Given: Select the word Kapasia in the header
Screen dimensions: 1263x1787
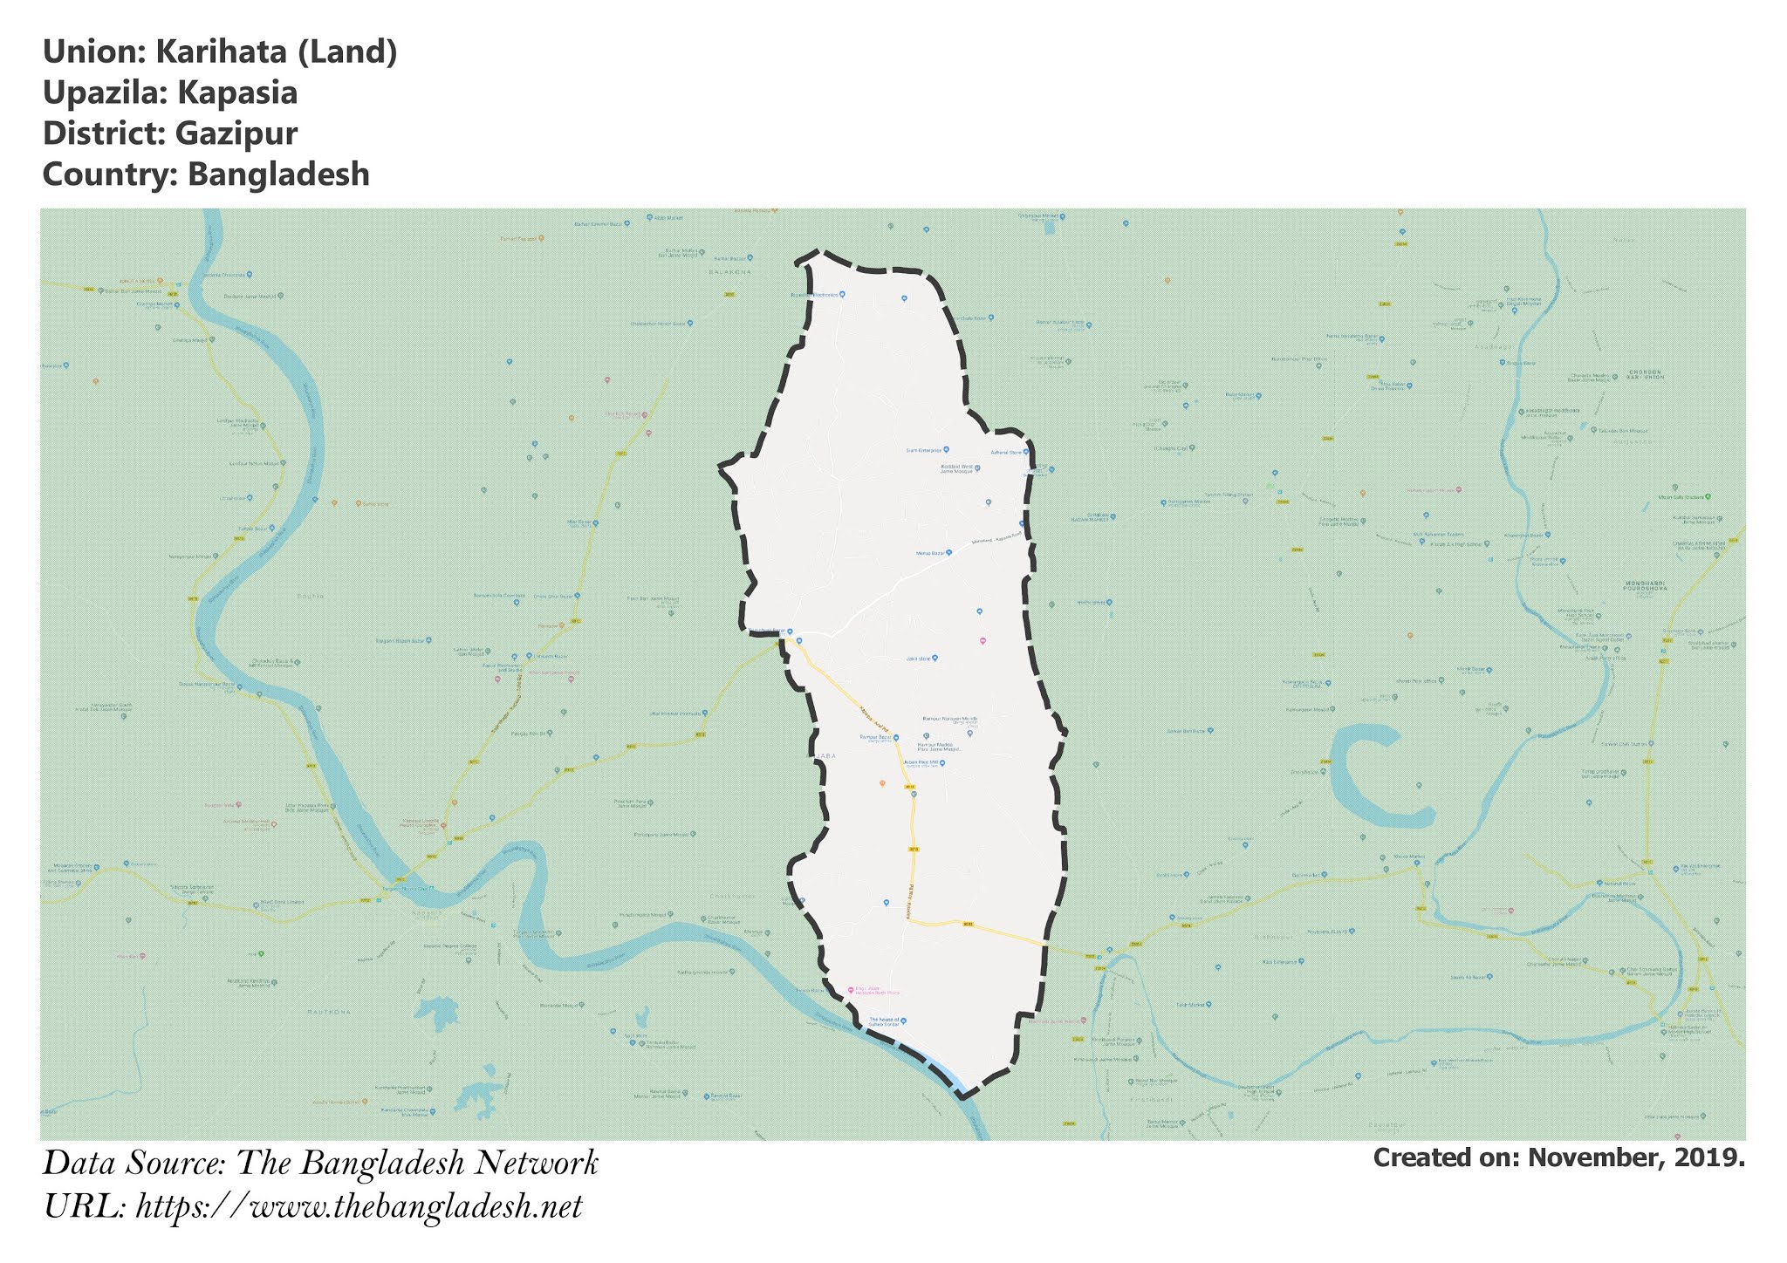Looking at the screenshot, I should coord(237,93).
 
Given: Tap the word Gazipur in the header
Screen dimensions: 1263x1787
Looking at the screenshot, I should coord(236,134).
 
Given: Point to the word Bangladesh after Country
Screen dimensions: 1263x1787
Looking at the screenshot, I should coord(278,174).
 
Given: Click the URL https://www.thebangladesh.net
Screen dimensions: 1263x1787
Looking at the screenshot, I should coord(359,1207).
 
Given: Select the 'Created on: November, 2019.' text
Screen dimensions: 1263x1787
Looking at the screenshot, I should coord(1558,1158).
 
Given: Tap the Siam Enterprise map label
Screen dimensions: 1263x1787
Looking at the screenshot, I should coord(925,450).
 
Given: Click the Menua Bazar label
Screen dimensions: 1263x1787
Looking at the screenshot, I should coord(930,553).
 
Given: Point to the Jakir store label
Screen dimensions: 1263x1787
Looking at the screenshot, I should coord(918,659).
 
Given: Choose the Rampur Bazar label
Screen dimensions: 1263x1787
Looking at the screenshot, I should coord(875,737).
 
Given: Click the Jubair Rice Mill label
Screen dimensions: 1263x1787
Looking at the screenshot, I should coord(921,763).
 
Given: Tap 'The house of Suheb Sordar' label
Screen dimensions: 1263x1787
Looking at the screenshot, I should coord(884,1021).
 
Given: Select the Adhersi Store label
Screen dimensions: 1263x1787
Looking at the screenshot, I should coord(1006,453).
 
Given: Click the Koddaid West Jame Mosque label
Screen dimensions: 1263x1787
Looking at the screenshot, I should coord(956,468).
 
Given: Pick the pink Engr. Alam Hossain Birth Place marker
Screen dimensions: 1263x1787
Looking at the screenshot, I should coord(851,990).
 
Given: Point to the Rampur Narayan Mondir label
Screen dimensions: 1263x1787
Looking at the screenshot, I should coord(949,720).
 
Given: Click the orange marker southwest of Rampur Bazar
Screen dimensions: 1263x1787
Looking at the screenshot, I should coord(882,783).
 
